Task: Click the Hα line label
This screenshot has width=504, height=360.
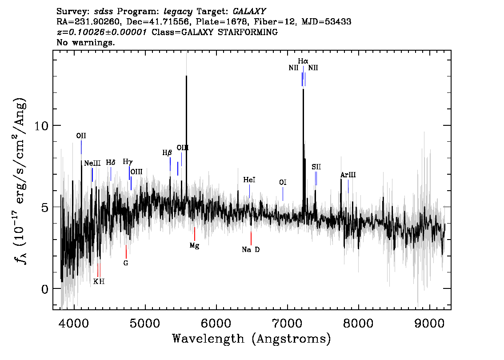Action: [x=303, y=61]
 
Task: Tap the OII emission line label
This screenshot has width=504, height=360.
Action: [x=81, y=136]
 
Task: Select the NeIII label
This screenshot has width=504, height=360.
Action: [x=92, y=164]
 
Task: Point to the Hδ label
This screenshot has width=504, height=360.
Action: [x=111, y=163]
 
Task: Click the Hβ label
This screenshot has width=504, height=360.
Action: [x=167, y=153]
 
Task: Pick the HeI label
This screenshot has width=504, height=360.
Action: [x=249, y=180]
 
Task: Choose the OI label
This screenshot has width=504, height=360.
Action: [x=283, y=182]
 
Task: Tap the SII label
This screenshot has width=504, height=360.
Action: [x=316, y=167]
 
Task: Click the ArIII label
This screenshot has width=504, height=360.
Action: [x=348, y=175]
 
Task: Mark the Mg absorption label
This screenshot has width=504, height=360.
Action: [x=194, y=246]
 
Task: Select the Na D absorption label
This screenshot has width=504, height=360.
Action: [x=251, y=250]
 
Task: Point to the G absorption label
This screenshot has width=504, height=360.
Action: [x=126, y=263]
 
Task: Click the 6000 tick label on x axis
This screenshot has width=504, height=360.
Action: [x=216, y=321]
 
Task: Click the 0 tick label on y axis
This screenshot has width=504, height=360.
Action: [x=44, y=289]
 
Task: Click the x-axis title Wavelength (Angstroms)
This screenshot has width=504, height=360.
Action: [x=252, y=339]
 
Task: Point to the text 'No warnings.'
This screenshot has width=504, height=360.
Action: [x=86, y=43]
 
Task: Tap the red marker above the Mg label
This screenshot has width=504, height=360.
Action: [x=194, y=234]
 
